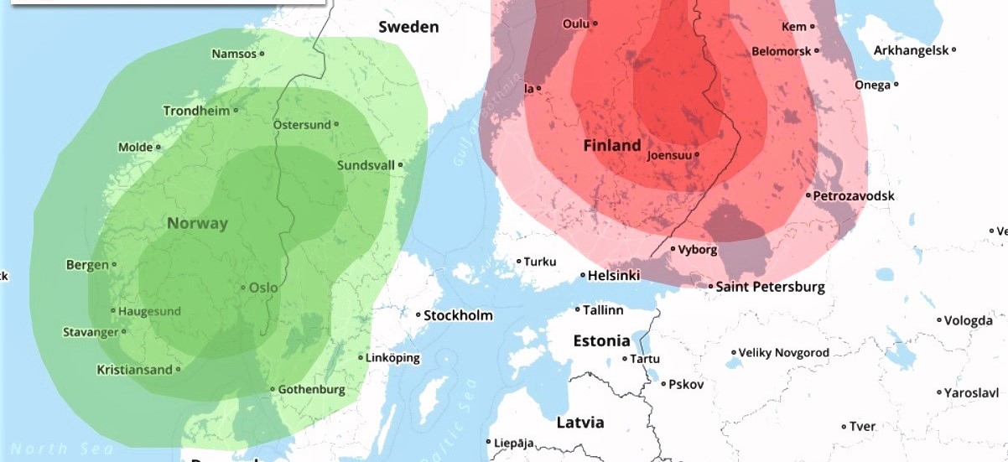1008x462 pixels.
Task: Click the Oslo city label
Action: [263, 288]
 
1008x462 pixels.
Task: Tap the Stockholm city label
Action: [458, 316]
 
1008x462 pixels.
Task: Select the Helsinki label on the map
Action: [614, 276]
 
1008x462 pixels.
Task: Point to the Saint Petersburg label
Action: [770, 287]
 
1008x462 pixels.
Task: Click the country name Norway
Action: [197, 223]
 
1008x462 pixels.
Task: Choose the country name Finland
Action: [612, 145]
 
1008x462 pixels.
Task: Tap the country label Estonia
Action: [601, 340]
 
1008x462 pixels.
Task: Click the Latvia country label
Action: [580, 422]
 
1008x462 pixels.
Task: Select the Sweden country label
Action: [408, 27]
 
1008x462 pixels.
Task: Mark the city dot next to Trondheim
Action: [236, 110]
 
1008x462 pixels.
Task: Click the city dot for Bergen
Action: [114, 266]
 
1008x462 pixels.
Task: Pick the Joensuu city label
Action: [671, 155]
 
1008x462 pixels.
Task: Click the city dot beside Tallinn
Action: [578, 310]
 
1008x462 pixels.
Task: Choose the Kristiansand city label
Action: [134, 369]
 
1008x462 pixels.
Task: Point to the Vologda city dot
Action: [939, 319]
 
